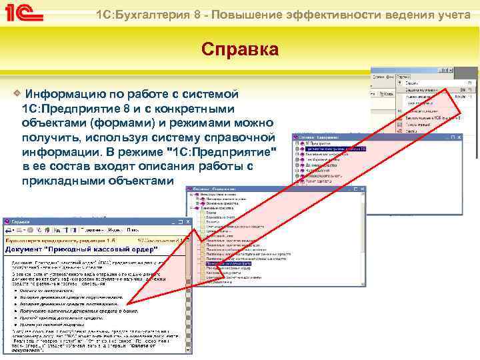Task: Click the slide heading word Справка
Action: coord(241,51)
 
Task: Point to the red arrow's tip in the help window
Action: coord(129,305)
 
